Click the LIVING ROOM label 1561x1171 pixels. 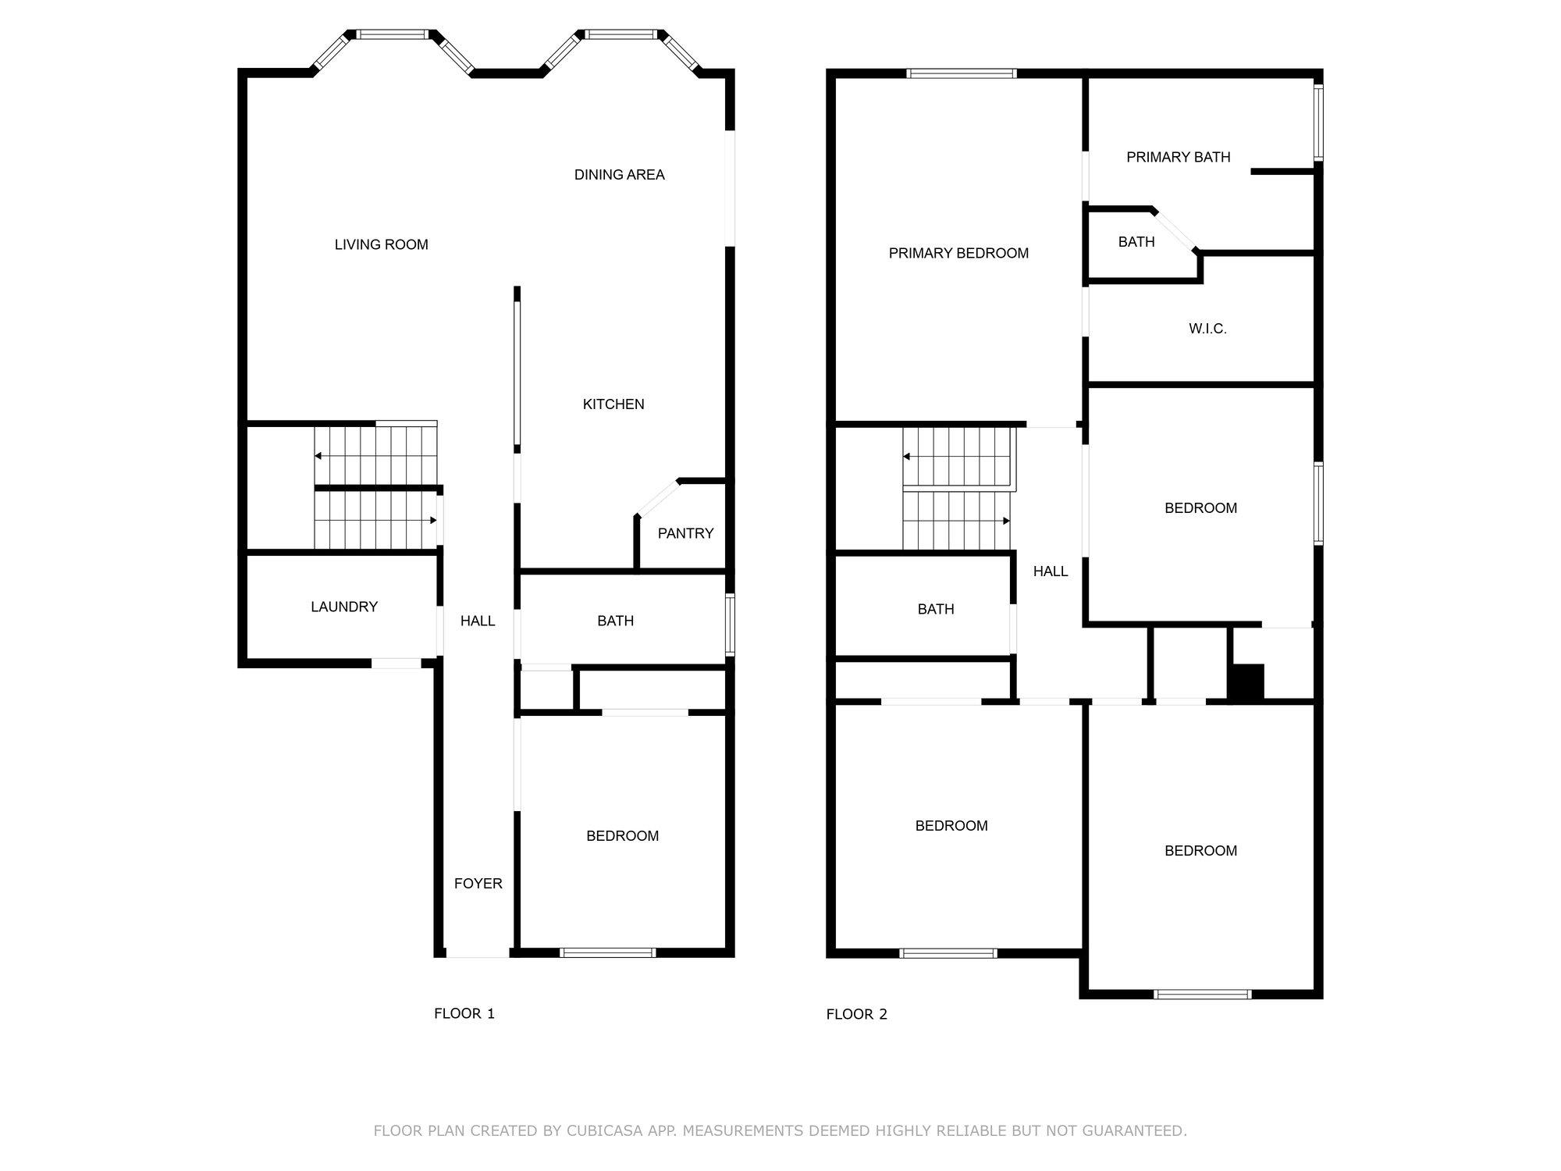381,244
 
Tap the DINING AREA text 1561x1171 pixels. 619,175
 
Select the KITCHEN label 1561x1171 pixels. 613,404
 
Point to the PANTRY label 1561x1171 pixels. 685,533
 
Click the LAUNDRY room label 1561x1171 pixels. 344,607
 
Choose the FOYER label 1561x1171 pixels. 478,884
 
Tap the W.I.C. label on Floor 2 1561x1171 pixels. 1207,329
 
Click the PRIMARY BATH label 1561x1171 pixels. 1178,157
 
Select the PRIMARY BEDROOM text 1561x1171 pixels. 958,253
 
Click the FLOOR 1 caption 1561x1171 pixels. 464,1013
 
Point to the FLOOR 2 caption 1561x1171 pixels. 856,1014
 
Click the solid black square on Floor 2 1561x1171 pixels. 1246,682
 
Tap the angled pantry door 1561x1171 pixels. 657,499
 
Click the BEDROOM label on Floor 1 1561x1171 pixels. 622,836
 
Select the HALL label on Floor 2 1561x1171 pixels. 1050,571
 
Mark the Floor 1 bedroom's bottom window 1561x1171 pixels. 607,952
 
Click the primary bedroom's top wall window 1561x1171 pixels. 962,73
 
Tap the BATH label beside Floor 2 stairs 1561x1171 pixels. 935,609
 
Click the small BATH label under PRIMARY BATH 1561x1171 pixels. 1136,242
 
